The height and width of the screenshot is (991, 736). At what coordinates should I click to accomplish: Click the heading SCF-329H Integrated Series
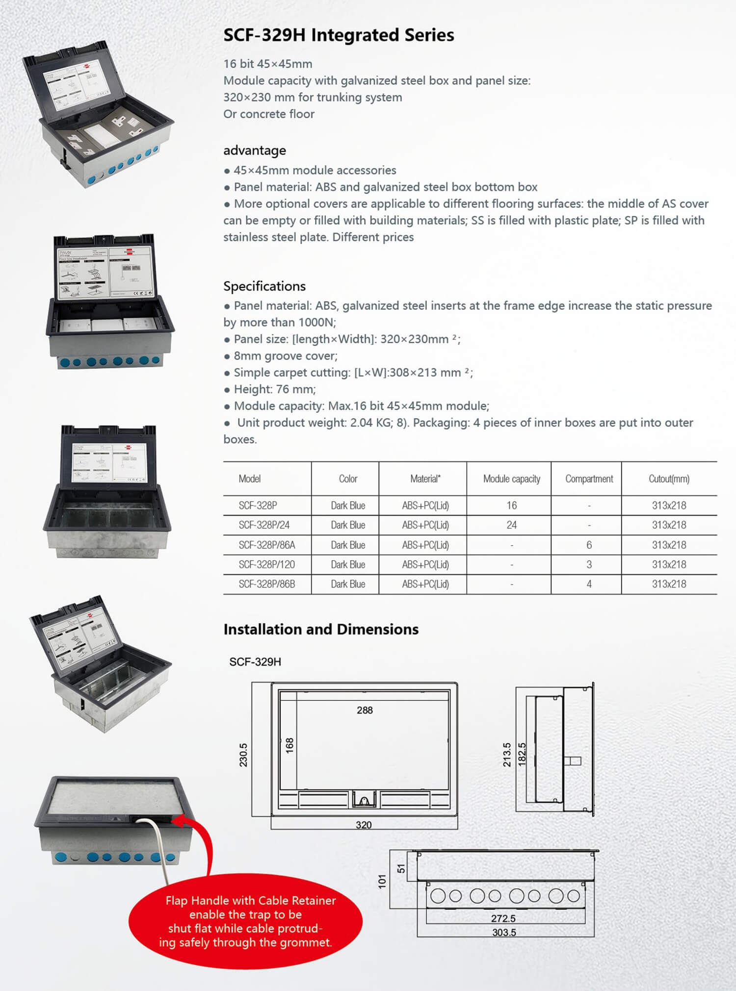[339, 35]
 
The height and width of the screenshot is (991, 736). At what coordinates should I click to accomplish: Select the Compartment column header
[589, 479]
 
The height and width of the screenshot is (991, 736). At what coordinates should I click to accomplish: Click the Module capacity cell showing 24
[511, 525]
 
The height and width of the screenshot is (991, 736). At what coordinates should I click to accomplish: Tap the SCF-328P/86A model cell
[267, 545]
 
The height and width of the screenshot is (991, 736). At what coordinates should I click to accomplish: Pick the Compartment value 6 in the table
[589, 545]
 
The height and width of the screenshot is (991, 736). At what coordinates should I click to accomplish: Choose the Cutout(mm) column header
[669, 479]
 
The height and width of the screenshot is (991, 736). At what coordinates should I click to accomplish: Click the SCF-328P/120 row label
[267, 564]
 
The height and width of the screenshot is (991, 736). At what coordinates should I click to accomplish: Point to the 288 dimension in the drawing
[365, 710]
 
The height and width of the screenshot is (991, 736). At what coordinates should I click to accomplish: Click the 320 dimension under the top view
[364, 825]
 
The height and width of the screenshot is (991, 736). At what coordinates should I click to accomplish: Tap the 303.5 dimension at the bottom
[504, 932]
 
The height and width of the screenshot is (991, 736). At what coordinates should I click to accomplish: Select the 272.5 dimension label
[503, 918]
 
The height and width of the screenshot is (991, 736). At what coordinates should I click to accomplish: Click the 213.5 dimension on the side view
[507, 755]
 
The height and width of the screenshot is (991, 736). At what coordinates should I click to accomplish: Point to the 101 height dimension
[383, 881]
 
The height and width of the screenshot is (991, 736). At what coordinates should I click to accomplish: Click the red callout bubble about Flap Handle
[245, 921]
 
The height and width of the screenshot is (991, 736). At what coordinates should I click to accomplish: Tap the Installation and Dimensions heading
[321, 629]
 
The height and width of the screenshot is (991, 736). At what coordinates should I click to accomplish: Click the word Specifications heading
[264, 286]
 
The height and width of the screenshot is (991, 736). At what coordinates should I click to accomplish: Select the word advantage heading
[255, 150]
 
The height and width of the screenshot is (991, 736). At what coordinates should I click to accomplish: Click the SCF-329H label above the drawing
[255, 661]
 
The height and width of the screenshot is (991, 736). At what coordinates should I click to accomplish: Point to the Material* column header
[425, 479]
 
